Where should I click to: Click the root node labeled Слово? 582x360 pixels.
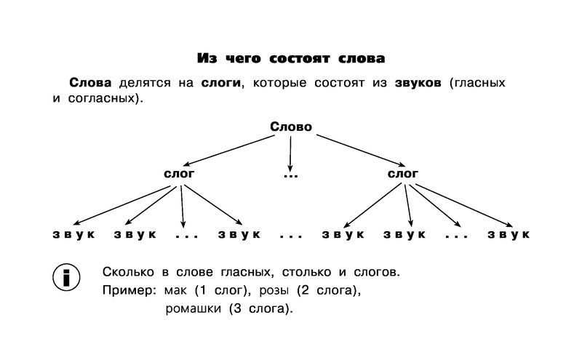coord(291,127)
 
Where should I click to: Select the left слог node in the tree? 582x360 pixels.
coord(179,174)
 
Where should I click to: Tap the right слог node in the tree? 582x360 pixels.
coord(403,174)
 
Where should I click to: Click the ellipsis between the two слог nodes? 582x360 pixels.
coord(290,175)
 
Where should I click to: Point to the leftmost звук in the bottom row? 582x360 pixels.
coord(74,235)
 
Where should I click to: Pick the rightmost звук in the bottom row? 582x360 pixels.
coord(509,235)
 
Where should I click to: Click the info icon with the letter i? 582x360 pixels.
coord(66,277)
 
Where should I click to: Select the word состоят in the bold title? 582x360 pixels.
coord(299,58)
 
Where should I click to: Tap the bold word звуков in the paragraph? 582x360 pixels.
coord(418,82)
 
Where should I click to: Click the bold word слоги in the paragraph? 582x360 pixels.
coord(221,82)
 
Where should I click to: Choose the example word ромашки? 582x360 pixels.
coord(193,309)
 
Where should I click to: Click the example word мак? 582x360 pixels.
coord(175,291)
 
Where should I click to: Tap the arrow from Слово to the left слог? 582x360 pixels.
coord(228,151)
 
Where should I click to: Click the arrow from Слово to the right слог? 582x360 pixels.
coord(360,151)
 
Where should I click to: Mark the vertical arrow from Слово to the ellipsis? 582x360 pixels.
coord(290,153)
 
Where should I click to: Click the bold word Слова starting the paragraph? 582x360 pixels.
coord(90,82)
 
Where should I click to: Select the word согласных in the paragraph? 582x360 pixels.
coord(100,99)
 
